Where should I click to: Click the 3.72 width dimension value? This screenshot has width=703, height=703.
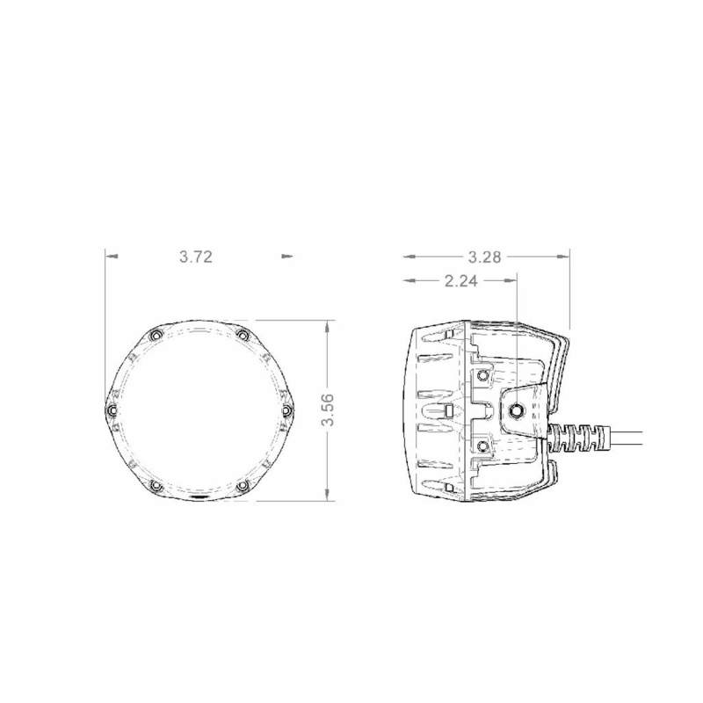(196, 257)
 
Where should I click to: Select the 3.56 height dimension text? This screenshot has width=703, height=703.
(329, 409)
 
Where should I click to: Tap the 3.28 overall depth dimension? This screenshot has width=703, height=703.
(484, 257)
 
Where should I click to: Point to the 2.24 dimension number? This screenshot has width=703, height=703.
(460, 281)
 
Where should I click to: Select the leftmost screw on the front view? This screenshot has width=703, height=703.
(111, 410)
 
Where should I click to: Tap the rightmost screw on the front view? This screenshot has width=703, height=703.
(286, 410)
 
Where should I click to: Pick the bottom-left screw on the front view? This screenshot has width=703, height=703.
(156, 485)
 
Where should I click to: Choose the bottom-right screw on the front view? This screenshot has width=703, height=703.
(242, 485)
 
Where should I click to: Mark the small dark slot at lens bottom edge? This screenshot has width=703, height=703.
(200, 497)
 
